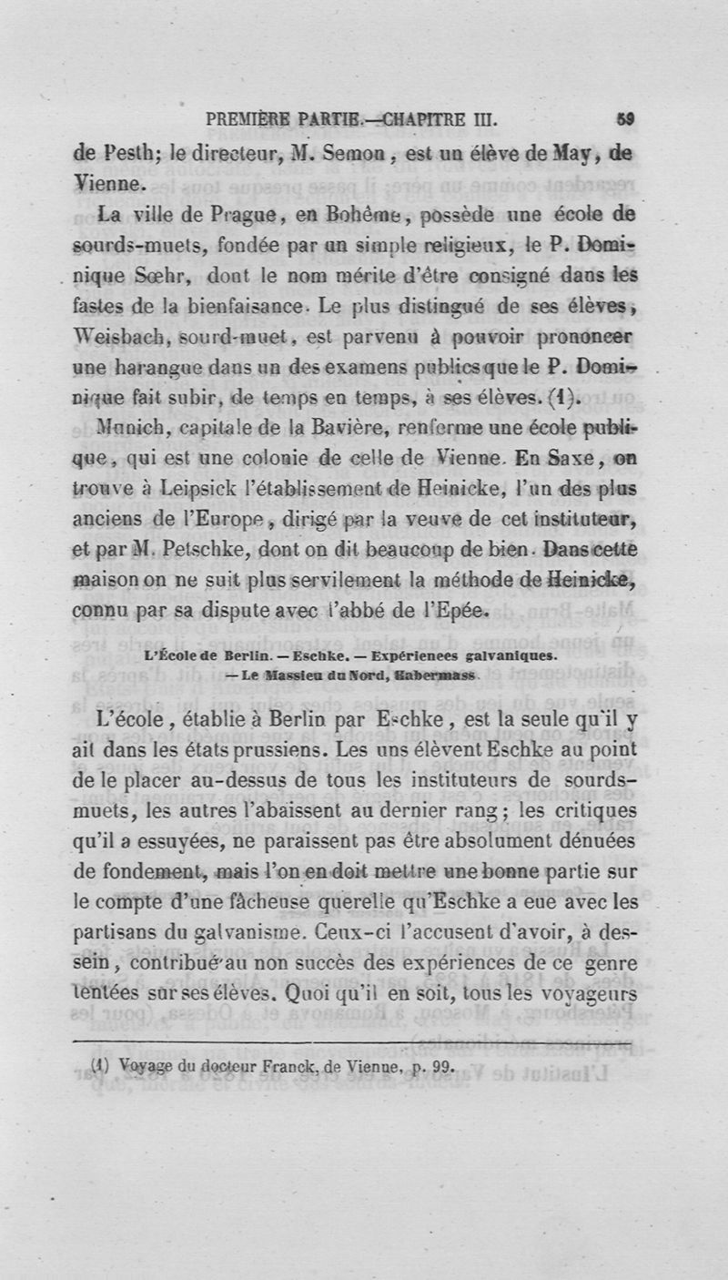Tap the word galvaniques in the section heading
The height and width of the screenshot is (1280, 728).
click(512, 655)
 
